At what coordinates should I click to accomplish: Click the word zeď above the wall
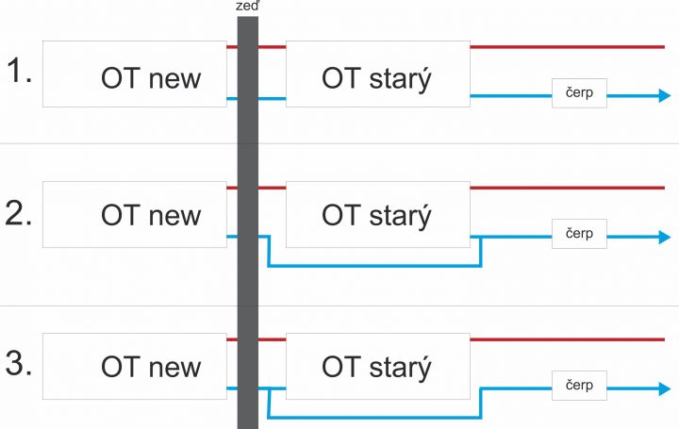(x=247, y=7)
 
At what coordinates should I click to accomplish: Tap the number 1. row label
(x=19, y=71)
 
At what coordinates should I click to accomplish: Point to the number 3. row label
(x=19, y=363)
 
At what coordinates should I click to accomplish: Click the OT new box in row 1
(x=135, y=74)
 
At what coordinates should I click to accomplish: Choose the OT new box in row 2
(x=135, y=215)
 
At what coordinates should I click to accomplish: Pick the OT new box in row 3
(x=135, y=366)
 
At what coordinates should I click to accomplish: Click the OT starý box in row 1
(x=378, y=74)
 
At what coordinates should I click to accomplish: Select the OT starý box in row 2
(x=378, y=215)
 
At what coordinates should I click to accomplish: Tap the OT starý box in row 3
(x=378, y=366)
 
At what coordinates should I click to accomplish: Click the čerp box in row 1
(x=579, y=93)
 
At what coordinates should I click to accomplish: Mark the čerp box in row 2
(x=579, y=234)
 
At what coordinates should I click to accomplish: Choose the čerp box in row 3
(x=579, y=386)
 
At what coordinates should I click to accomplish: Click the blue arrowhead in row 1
(x=665, y=95)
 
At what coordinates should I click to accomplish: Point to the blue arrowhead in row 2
(x=665, y=237)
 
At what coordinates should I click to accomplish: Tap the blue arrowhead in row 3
(x=665, y=388)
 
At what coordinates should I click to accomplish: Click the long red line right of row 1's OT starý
(x=568, y=47)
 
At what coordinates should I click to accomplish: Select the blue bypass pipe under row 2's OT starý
(x=374, y=265)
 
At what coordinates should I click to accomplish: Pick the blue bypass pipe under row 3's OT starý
(x=374, y=418)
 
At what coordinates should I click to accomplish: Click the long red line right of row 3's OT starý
(x=568, y=339)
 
